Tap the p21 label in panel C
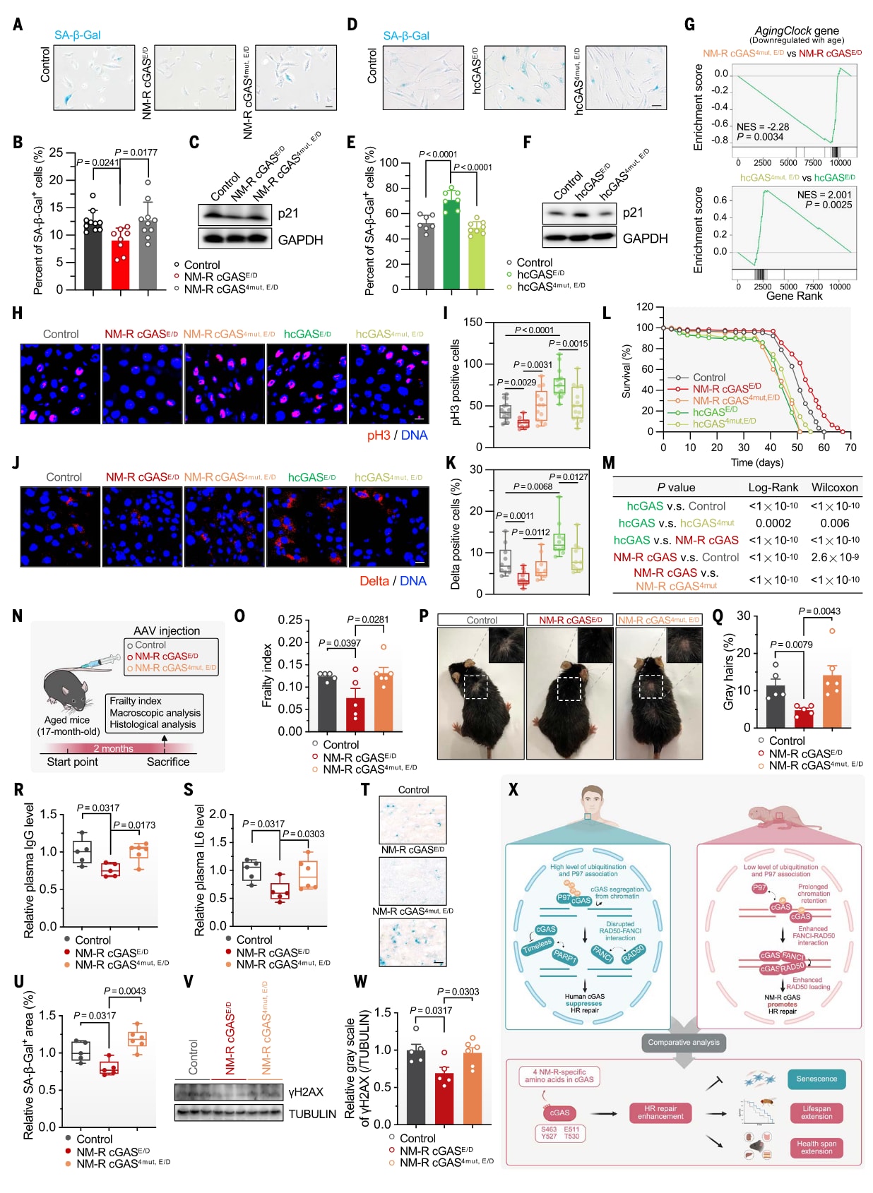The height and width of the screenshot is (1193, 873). [287, 213]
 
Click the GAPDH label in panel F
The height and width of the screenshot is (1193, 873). [645, 239]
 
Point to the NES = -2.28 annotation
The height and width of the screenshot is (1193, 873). [763, 127]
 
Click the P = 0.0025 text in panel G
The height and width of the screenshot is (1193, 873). [828, 205]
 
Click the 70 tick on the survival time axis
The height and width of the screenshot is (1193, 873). [850, 447]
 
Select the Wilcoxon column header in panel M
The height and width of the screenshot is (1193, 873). [834, 487]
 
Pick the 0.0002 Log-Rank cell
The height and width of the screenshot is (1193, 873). [773, 523]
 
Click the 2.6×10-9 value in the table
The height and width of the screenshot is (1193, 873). [834, 557]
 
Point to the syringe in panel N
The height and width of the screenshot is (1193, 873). [101, 661]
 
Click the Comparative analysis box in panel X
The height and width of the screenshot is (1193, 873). [684, 1042]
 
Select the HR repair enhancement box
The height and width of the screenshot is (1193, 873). [660, 1113]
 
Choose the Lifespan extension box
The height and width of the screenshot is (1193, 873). [816, 1113]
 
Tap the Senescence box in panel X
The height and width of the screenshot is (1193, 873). [816, 1079]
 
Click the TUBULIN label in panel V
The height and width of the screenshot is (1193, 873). [312, 1114]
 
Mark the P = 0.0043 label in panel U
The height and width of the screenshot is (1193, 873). [124, 991]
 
